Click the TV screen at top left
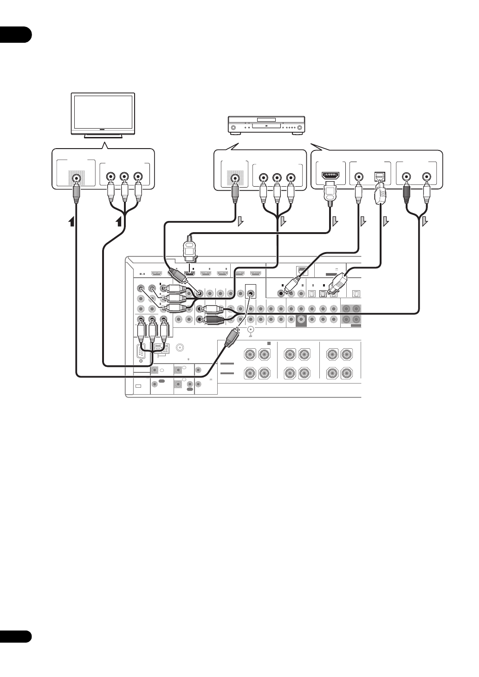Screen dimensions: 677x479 (x=103, y=113)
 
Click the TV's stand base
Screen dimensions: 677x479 (x=103, y=137)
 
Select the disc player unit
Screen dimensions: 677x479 (x=265, y=126)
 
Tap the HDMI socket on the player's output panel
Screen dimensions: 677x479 (x=330, y=176)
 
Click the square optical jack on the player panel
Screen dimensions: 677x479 (x=379, y=177)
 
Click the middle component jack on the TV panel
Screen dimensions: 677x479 (x=124, y=177)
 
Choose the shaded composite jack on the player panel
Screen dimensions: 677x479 (x=235, y=177)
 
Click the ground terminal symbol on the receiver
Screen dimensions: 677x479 (x=251, y=331)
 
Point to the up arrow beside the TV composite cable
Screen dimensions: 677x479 (x=71, y=222)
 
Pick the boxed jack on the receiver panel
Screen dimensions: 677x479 (x=251, y=293)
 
